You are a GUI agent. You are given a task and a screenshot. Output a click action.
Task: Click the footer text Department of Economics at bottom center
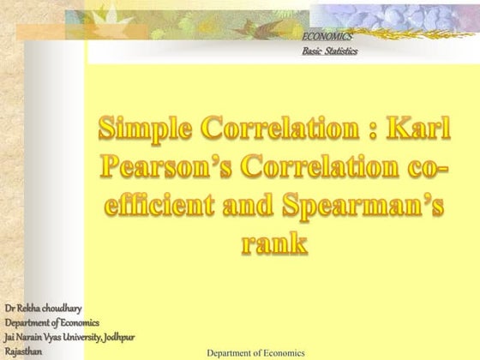(256, 352)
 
